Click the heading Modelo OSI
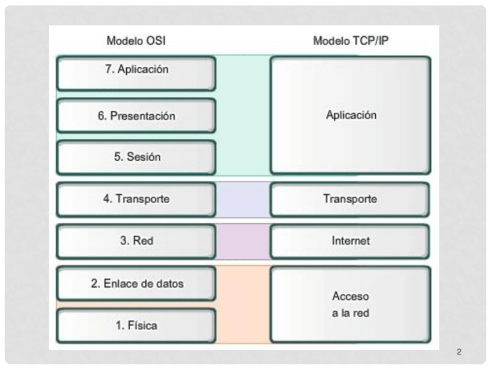[x=136, y=41]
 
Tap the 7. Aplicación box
[x=136, y=73]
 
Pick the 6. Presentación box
[x=136, y=115]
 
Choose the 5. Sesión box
[x=136, y=157]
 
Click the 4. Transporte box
[x=136, y=199]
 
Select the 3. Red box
[x=136, y=241]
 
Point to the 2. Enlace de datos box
[x=136, y=284]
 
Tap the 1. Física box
[x=136, y=325]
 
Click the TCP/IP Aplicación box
[x=350, y=115]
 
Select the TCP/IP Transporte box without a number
[x=350, y=199]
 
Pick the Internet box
[x=350, y=241]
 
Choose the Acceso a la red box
[x=350, y=305]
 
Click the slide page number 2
[x=459, y=352]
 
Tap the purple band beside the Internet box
[x=243, y=241]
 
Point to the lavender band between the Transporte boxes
[x=243, y=199]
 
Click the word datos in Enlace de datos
[x=170, y=284]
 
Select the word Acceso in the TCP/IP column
[x=350, y=296]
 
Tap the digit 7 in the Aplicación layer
[x=108, y=69]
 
